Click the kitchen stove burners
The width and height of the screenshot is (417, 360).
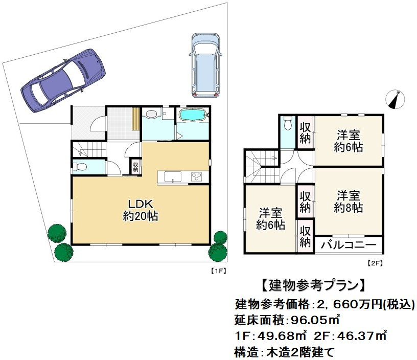coord(197,177)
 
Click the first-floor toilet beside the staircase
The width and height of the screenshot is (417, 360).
coord(79,166)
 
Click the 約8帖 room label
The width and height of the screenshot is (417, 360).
coord(349,201)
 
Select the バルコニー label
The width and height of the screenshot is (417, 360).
coord(349,244)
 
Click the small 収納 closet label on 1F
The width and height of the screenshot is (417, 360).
coord(136,166)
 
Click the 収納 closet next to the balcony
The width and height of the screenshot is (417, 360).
coord(306,237)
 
